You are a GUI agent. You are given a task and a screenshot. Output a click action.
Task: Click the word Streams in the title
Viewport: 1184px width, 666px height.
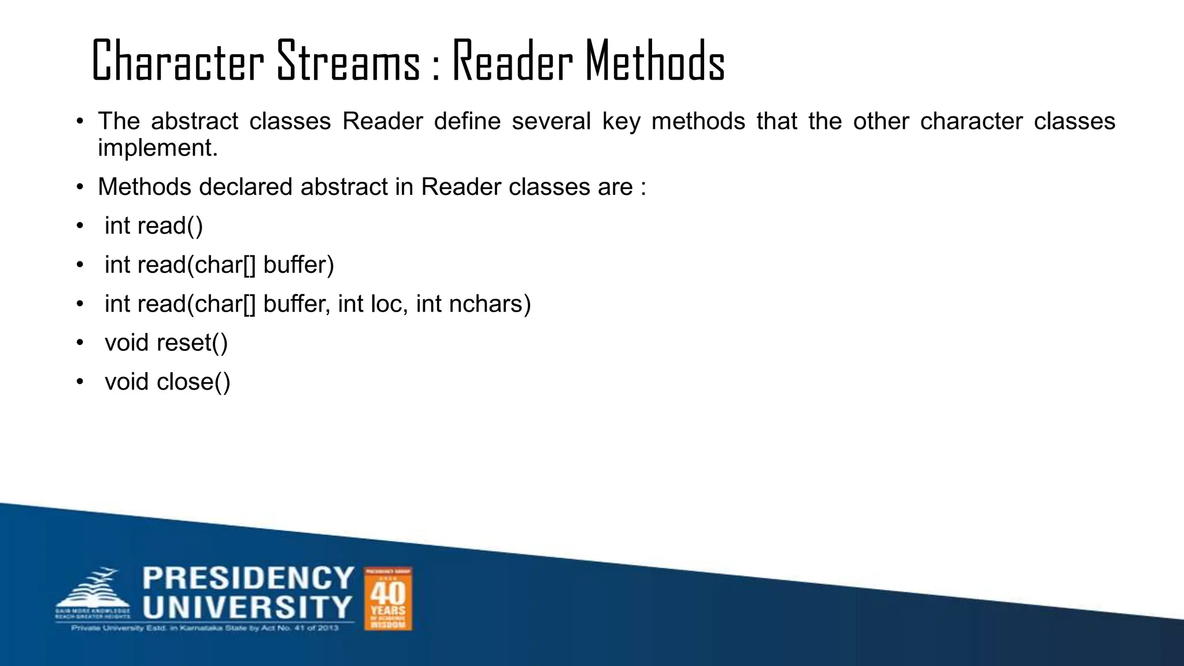(x=349, y=61)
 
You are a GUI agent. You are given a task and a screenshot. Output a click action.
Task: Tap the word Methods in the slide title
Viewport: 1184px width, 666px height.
(x=655, y=61)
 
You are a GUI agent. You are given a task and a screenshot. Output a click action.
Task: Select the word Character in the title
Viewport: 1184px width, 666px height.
(x=177, y=61)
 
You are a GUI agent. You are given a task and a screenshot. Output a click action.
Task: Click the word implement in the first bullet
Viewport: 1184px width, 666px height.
(x=157, y=148)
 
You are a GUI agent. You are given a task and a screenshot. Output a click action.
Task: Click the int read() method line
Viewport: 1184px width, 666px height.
(x=154, y=226)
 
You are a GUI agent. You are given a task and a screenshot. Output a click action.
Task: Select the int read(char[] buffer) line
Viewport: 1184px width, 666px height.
(x=219, y=265)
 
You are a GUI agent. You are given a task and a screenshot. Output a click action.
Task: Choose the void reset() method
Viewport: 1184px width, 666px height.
(x=166, y=343)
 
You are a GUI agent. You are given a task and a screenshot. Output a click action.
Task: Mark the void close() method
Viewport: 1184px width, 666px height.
(x=168, y=382)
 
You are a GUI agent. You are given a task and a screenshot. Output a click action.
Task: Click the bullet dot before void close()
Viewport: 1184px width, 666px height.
(x=80, y=382)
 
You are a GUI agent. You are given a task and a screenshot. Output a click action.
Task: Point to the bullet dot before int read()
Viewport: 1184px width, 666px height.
(x=80, y=226)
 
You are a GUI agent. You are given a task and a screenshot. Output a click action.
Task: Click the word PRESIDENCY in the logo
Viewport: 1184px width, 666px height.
(x=248, y=579)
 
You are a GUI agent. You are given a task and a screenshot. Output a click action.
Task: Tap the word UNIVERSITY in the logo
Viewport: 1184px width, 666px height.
(x=247, y=607)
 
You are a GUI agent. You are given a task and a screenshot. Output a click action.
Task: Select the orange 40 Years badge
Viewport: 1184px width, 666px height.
(x=388, y=598)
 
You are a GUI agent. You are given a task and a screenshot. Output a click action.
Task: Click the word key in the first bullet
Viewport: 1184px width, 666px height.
(x=621, y=121)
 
